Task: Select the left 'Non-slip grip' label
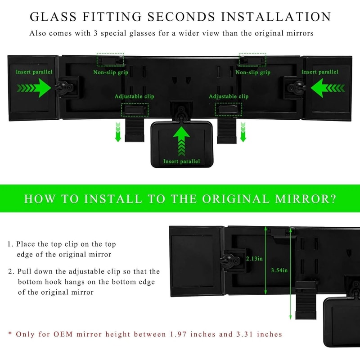[110, 72]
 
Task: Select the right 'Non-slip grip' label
[253, 72]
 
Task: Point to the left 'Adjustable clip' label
[134, 96]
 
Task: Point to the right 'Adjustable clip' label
[229, 96]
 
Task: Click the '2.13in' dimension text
[255, 259]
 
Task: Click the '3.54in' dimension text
[279, 270]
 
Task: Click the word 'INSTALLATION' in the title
[281, 17]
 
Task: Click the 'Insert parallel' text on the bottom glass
[181, 162]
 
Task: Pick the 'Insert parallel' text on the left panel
[34, 72]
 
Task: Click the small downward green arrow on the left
[118, 130]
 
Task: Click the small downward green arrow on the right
[243, 130]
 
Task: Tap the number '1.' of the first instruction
[10, 244]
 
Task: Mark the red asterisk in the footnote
[10, 334]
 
